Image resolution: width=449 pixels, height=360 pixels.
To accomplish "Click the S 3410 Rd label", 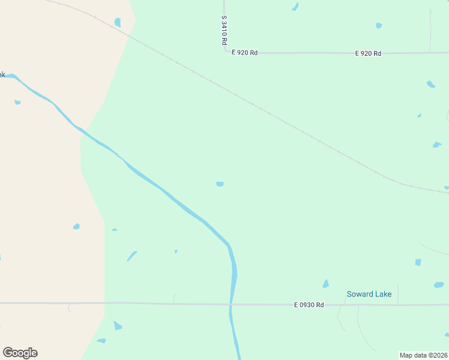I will [x=224, y=31].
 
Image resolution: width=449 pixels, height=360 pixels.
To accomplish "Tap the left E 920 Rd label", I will [x=245, y=53].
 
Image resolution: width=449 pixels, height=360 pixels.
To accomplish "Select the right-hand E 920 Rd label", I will [x=368, y=53].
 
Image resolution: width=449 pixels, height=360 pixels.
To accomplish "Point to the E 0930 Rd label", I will [x=309, y=305].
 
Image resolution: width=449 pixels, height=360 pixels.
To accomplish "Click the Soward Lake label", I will [x=369, y=294].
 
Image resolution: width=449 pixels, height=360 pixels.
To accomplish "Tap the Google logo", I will [x=20, y=353].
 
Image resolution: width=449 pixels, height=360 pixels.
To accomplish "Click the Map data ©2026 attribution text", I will [x=424, y=355].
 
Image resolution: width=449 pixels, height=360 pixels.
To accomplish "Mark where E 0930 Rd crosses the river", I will [x=231, y=304].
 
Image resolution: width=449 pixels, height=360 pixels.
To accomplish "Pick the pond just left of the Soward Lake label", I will [x=326, y=284].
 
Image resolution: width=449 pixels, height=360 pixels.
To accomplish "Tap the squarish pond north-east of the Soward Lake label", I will [x=418, y=262].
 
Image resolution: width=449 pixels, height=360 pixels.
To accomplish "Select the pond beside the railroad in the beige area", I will [x=118, y=22].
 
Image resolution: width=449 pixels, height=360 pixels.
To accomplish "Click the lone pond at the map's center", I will [x=220, y=184].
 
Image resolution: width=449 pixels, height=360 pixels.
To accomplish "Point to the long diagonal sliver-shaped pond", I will [x=131, y=256].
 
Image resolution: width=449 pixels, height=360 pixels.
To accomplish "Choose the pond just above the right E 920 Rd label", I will [x=378, y=26].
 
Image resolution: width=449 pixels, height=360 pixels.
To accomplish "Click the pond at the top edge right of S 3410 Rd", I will [x=295, y=7].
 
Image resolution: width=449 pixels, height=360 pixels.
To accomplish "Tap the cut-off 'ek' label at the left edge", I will [x=2, y=74].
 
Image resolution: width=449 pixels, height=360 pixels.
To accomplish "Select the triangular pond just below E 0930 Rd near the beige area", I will [x=117, y=326].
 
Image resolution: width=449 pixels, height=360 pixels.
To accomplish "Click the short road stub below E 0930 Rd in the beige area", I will [x=69, y=308].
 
